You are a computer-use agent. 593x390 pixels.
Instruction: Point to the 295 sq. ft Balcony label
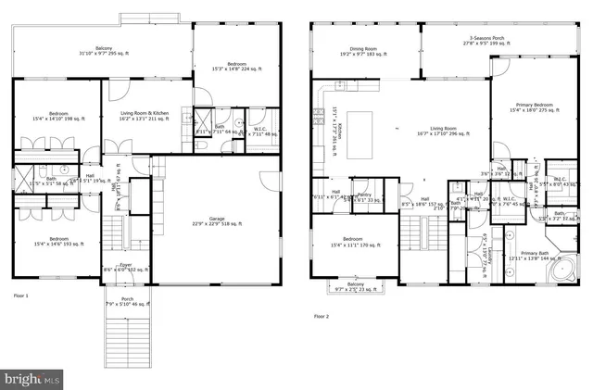[x=104, y=51]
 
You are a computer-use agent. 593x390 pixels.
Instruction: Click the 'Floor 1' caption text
[x=20, y=295]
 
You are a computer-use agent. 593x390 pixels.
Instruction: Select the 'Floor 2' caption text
[x=321, y=318]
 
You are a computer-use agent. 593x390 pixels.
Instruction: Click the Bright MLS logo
[x=34, y=378]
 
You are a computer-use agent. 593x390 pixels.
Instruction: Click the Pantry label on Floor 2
[x=368, y=196]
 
